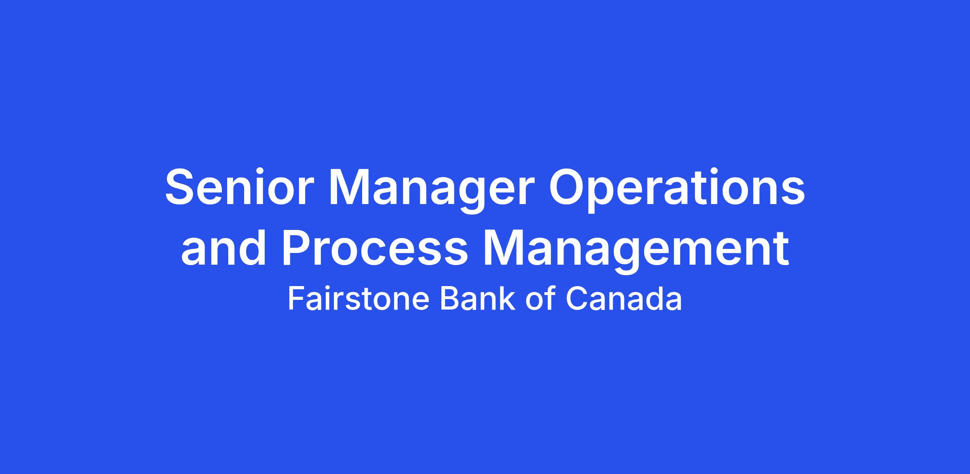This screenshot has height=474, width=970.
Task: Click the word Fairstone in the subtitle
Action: [358, 299]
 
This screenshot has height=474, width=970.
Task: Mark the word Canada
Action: [624, 299]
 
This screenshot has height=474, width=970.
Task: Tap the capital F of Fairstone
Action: [296, 299]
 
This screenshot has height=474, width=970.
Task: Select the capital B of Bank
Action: [449, 299]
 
